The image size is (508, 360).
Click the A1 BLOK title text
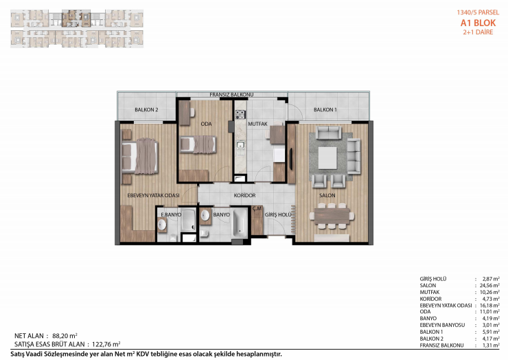click(478, 23)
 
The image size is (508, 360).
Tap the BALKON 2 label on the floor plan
click(146, 110)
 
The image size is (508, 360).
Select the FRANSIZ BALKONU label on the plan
click(231, 95)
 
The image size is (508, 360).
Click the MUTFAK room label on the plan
click(257, 124)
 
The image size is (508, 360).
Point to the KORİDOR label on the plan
click(244, 195)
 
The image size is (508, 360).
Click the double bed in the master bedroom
click(140, 157)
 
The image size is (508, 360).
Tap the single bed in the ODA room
click(198, 144)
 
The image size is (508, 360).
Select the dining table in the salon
click(332, 216)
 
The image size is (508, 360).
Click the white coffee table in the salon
click(327, 158)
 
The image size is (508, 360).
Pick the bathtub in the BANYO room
click(239, 223)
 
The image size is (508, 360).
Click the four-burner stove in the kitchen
click(240, 114)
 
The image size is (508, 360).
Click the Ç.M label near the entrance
click(257, 209)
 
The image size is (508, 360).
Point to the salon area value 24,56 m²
click(489, 285)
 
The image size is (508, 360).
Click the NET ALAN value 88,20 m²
click(65, 336)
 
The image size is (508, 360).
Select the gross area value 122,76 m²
click(106, 344)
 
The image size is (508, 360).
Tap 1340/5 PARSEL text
click(478, 12)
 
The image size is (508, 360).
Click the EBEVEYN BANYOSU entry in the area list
click(442, 325)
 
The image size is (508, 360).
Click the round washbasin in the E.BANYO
click(161, 225)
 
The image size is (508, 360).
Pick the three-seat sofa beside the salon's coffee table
click(354, 157)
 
